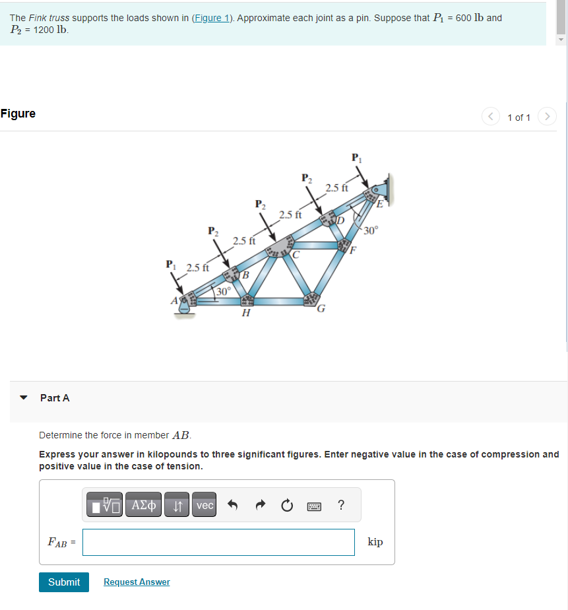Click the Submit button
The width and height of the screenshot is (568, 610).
64,582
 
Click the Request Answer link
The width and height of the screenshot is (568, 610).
137,582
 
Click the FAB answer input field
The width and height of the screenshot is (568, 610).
218,542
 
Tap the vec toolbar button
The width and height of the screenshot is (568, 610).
205,505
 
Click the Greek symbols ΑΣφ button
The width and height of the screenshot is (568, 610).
144,505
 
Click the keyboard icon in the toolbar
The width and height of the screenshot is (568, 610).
314,506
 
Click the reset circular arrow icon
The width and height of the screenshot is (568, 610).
286,506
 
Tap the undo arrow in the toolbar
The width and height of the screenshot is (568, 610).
232,506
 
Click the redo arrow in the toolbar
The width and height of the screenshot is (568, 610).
259,506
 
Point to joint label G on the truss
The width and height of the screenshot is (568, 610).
321,308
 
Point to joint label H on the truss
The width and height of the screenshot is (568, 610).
245,314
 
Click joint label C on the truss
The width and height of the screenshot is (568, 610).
296,254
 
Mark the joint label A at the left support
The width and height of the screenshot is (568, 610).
175,300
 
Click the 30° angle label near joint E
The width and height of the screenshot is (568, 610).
371,230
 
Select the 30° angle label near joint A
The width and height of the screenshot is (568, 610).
224,291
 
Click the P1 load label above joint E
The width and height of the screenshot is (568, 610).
356,157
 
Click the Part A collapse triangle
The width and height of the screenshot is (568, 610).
24,398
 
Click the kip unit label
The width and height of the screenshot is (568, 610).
375,542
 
